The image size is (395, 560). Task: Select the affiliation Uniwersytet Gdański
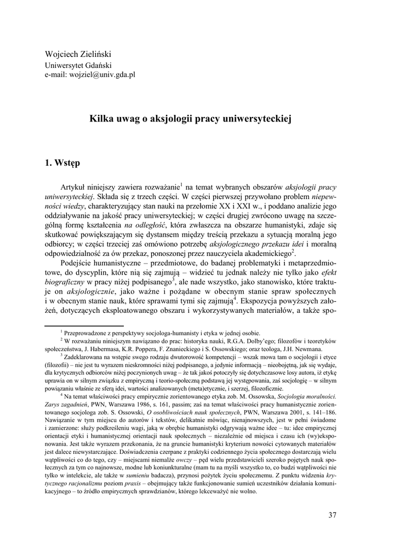click(x=78, y=65)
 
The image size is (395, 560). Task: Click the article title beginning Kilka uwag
click(x=197, y=118)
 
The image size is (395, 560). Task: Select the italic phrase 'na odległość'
click(x=144, y=224)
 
